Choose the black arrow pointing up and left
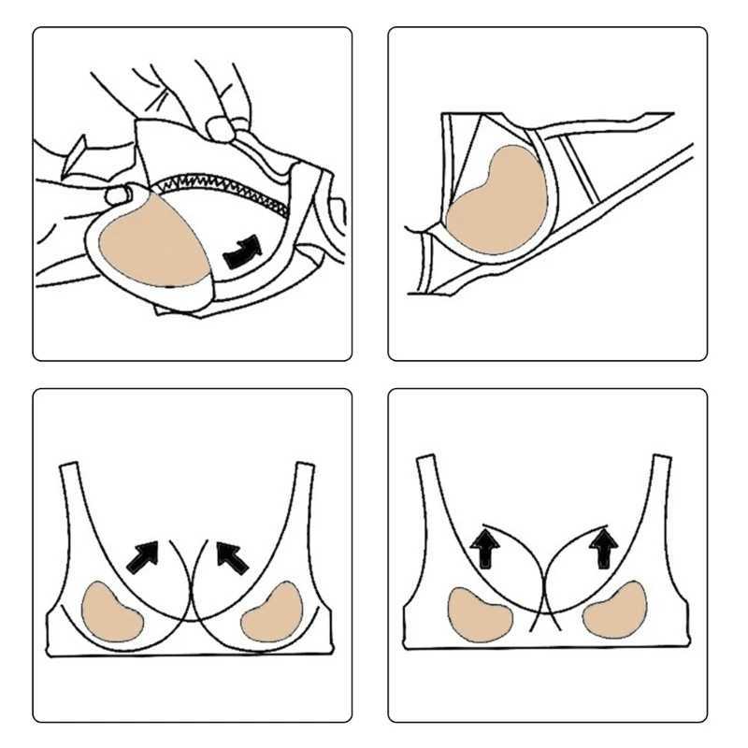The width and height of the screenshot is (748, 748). pos(233,557)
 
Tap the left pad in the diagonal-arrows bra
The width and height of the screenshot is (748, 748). pos(112,611)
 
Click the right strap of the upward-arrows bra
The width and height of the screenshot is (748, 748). pos(662,482)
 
